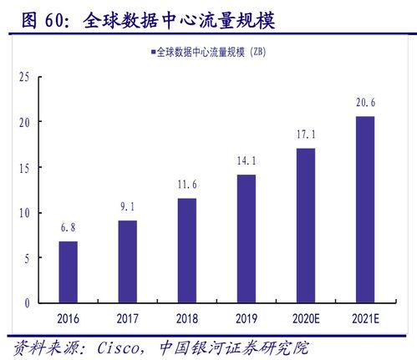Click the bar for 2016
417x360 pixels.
point(69,271)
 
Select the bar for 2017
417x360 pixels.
point(128,261)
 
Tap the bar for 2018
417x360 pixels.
point(186,250)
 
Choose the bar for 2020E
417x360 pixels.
point(305,225)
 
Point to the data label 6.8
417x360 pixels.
point(69,228)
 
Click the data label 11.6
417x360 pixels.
point(186,185)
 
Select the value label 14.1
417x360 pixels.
point(246,162)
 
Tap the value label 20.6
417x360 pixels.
point(364,103)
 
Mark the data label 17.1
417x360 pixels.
point(305,134)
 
